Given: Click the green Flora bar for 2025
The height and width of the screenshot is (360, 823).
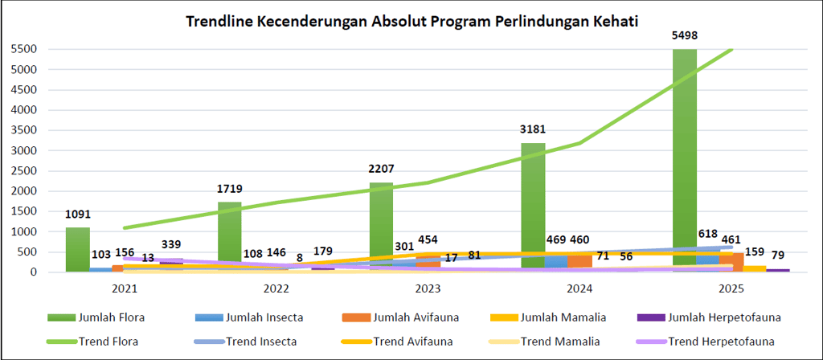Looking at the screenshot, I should point(685,161).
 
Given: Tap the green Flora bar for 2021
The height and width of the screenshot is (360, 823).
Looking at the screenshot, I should point(77,249).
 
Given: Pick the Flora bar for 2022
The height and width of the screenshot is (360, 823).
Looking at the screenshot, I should point(230,236).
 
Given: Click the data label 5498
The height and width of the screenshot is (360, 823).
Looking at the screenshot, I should point(685,35).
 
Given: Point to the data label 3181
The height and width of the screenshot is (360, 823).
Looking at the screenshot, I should point(533,129).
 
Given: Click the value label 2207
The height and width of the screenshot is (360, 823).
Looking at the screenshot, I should point(382,170).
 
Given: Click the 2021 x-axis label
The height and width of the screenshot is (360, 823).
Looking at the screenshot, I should point(125,287).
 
